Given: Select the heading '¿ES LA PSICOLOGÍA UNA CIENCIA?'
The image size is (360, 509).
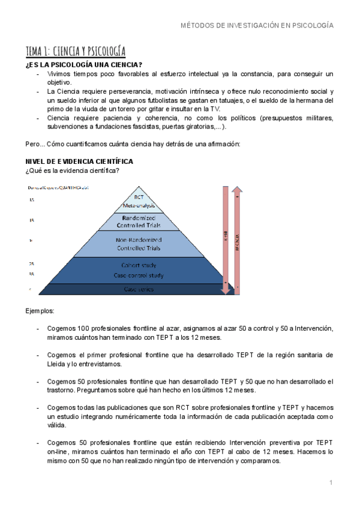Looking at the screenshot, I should click(x=83, y=65).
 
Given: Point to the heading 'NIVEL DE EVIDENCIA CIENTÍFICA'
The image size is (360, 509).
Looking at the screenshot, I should click(x=79, y=161).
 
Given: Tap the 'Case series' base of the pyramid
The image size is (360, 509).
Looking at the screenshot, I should click(x=139, y=289).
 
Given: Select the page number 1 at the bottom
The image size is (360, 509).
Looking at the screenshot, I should click(x=331, y=482).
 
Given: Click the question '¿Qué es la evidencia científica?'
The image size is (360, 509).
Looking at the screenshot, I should click(x=71, y=171).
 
